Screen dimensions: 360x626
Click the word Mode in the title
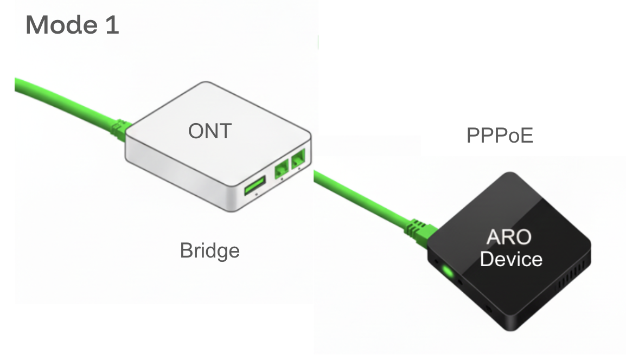tap(61, 25)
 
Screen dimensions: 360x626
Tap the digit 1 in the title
tap(112, 25)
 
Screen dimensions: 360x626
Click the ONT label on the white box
tap(209, 131)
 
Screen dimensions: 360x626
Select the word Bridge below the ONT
tap(209, 250)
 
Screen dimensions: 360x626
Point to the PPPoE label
tap(500, 136)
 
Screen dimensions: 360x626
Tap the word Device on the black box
tap(511, 259)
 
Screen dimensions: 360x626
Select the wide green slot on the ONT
tap(255, 186)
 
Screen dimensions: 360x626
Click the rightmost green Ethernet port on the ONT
tap(299, 160)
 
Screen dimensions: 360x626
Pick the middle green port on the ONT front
tap(282, 170)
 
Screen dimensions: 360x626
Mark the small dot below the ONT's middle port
tap(282, 182)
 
